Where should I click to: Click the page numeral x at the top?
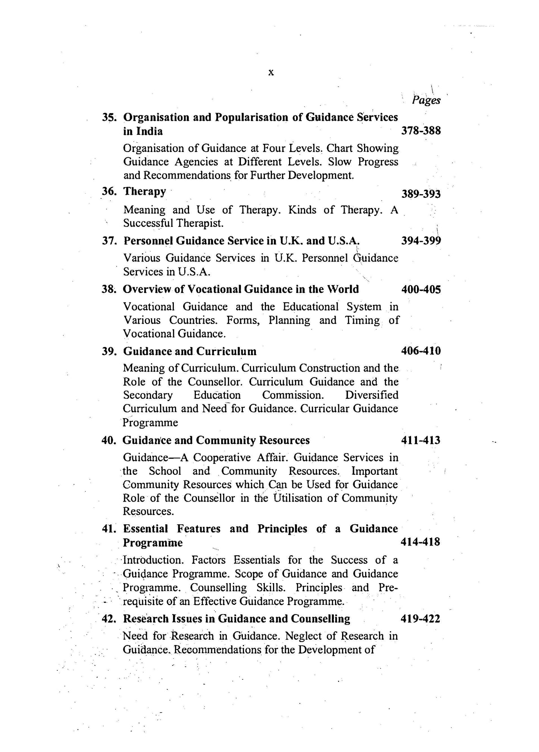[271, 73]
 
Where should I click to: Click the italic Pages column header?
[426, 100]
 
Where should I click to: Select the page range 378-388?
[421, 131]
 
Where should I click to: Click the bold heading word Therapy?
[145, 191]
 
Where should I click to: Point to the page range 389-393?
[421, 194]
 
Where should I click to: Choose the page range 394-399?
[421, 241]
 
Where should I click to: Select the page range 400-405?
[421, 289]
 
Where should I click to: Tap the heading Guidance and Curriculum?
[190, 351]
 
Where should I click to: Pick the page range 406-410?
[421, 351]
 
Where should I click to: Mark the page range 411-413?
[420, 440]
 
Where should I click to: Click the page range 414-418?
[420, 542]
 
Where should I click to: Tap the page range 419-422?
[420, 619]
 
